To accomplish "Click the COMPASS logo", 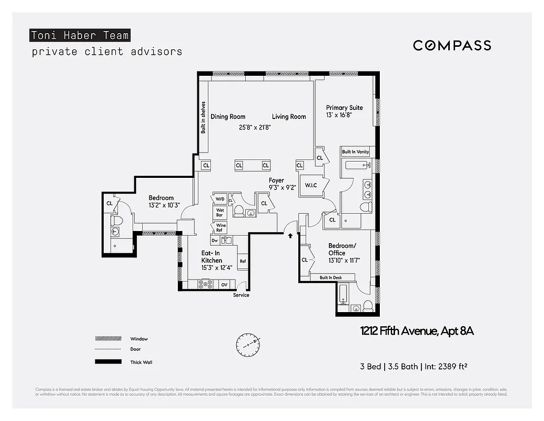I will [451, 45].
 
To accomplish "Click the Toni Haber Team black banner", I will [79, 36].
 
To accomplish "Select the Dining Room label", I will [228, 117].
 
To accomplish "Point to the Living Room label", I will [289, 117].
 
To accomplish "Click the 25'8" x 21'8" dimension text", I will [255, 127].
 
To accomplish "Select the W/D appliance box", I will [219, 199].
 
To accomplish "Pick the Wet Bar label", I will [219, 213].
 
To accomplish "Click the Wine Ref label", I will [219, 228].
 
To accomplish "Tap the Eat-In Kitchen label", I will [211, 257].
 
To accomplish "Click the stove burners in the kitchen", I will [205, 284].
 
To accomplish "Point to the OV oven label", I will [224, 285].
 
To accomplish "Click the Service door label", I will [241, 295].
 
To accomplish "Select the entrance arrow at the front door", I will [290, 236].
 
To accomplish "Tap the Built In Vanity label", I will [356, 152].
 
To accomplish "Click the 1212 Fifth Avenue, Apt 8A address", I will [417, 331].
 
